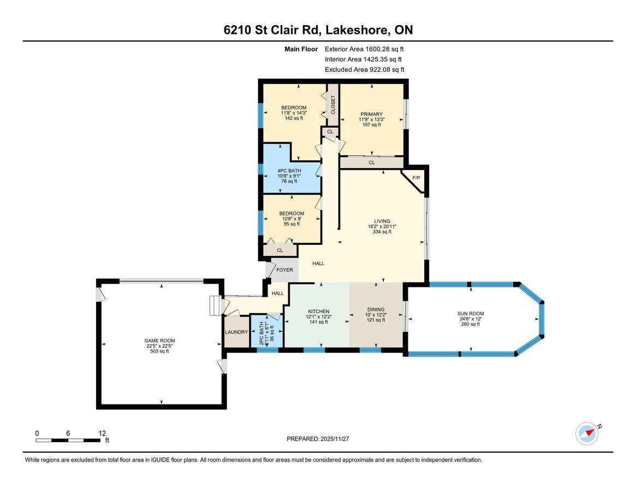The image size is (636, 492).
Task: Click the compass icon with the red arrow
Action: pos(587,434)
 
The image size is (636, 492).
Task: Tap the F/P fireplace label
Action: pos(416,178)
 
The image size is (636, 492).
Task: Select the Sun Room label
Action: pos(471,314)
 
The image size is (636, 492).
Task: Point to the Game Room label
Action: pos(159,341)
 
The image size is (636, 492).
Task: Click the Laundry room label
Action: pos(236,332)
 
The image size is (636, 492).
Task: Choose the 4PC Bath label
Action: pos(289,171)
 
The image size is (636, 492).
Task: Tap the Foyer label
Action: pos(285,270)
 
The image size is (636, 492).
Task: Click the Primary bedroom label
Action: pos(372,114)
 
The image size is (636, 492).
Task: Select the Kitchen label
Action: pos(318,312)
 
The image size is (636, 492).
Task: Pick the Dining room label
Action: pos(376,309)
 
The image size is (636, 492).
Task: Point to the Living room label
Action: pos(382,221)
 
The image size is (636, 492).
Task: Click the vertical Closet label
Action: pos(334,105)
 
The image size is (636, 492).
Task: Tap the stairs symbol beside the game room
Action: pos(216,306)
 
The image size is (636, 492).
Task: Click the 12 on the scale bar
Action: pos(102,434)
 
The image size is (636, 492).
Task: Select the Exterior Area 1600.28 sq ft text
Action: pos(364,49)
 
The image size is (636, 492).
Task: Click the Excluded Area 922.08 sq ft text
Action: pos(365,69)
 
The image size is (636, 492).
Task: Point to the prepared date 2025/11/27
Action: pos(335,439)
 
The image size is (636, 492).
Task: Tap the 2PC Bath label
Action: pos(261,333)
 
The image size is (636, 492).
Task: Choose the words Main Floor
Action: pos(301,49)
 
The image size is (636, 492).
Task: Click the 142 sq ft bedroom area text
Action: pos(294,118)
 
